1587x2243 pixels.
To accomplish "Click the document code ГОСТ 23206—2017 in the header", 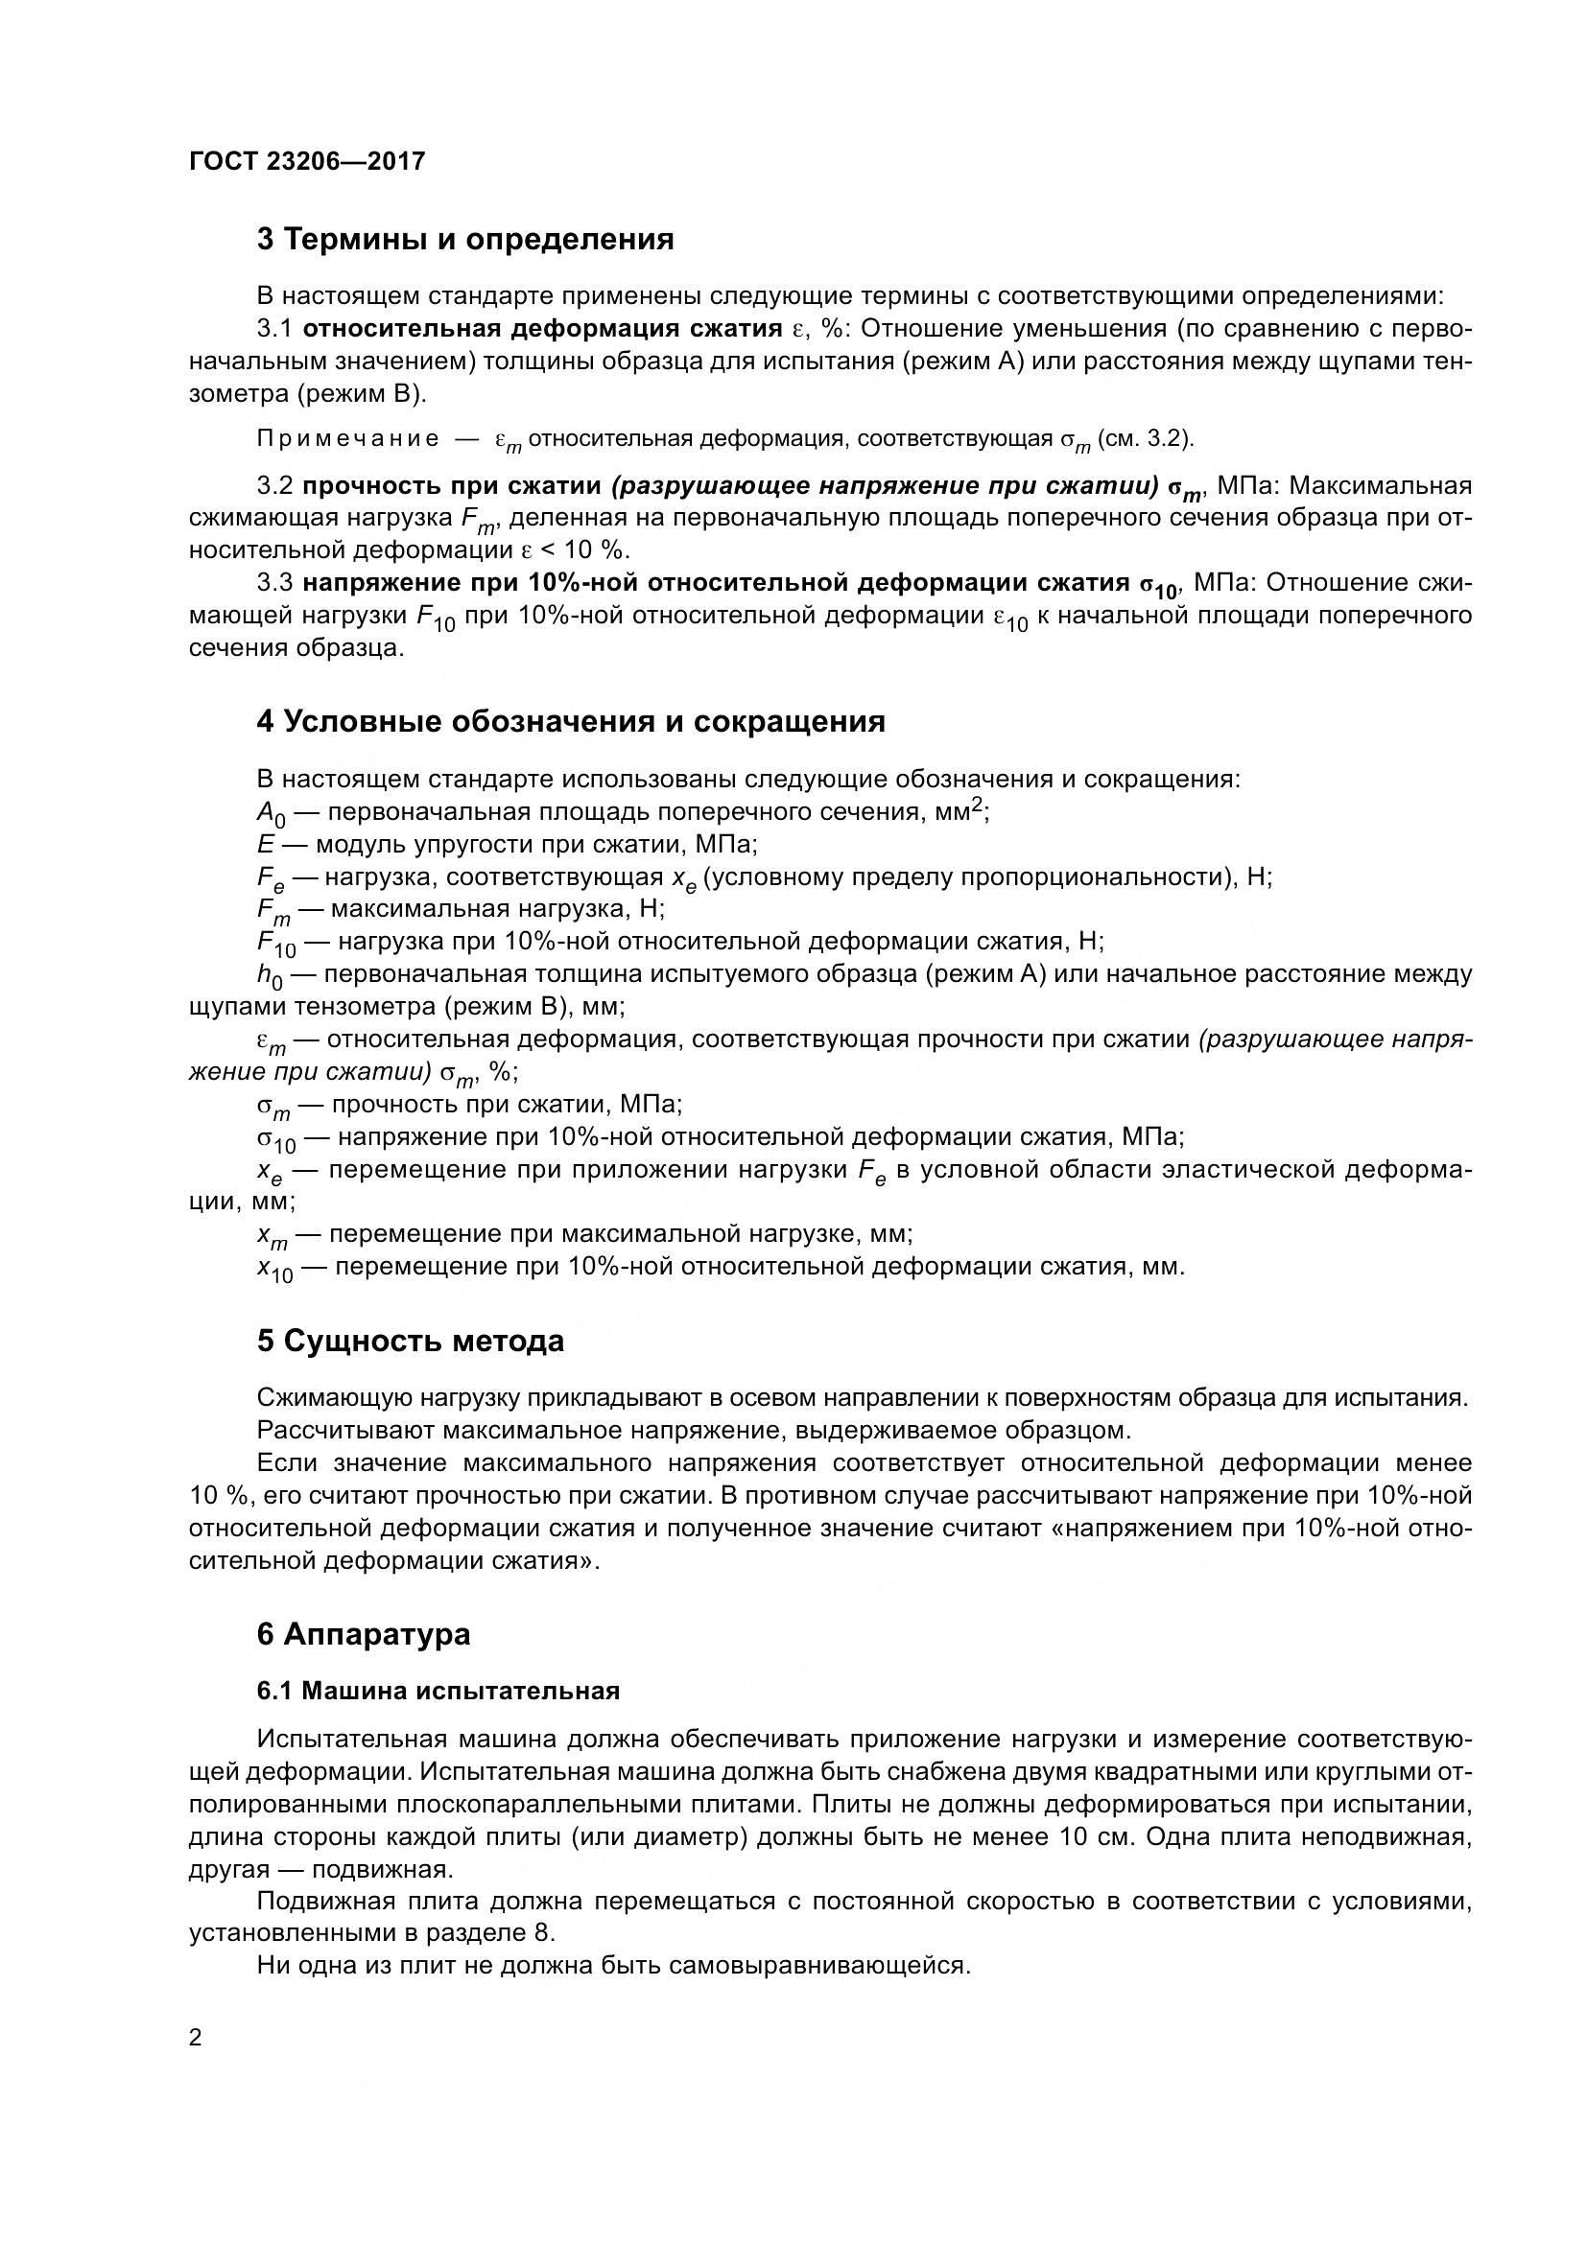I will click(x=307, y=161).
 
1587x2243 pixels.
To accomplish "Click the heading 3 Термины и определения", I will click(x=465, y=240).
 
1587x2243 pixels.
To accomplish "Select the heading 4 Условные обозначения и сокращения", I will click(x=571, y=722).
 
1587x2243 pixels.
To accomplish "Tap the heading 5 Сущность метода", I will click(x=411, y=1342).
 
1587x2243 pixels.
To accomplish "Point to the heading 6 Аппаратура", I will click(x=364, y=1634).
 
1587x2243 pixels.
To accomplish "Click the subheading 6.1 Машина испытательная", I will click(x=438, y=1691).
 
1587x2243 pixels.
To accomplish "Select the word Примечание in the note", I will click(x=348, y=439).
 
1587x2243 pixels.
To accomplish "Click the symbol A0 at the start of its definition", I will click(x=271, y=814).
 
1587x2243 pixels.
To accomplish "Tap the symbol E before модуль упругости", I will click(x=266, y=844).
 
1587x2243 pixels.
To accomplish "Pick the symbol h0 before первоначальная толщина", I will click(x=270, y=976).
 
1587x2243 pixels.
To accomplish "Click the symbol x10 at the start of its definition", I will click(x=274, y=1269).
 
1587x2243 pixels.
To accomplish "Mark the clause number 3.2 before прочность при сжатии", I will click(x=275, y=485).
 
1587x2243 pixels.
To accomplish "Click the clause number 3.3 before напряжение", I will click(x=275, y=583).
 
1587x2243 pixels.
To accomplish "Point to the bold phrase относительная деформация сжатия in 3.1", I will click(x=542, y=328).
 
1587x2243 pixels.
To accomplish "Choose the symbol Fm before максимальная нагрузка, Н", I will click(x=273, y=911).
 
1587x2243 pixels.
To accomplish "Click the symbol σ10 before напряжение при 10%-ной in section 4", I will click(x=275, y=1139).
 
